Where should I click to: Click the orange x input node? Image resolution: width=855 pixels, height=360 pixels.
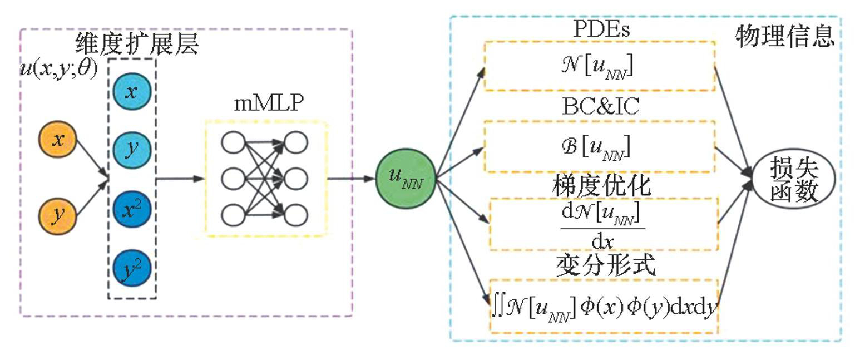pos(57,139)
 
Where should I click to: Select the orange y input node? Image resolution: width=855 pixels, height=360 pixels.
pos(57,215)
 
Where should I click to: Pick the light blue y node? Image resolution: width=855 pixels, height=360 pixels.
pos(131,150)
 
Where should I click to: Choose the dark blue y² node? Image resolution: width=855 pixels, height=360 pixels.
pos(131,270)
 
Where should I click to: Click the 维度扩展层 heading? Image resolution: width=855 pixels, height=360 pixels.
pos(136,45)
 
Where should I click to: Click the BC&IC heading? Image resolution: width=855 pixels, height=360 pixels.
pos(600,107)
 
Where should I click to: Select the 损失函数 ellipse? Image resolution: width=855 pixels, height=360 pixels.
pos(793,179)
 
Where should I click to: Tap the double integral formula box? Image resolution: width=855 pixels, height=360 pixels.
pos(604,305)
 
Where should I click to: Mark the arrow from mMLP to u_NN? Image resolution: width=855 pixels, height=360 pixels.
pos(350,179)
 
